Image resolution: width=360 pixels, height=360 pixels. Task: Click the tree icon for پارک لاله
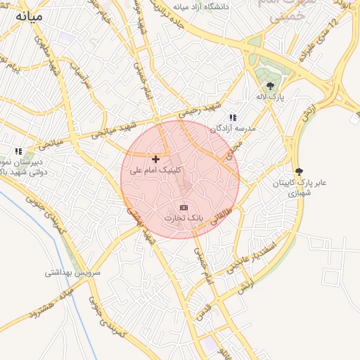coord(270,86)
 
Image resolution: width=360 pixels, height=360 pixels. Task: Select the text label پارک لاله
coord(270,98)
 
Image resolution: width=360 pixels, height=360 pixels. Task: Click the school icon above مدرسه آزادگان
coord(233,117)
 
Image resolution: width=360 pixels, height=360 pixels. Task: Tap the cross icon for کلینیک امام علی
coord(155,160)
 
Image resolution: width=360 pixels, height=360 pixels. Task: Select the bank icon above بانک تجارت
coord(184,207)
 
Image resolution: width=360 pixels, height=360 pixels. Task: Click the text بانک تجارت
coord(184,219)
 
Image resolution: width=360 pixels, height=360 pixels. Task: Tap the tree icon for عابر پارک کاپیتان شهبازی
coord(300,171)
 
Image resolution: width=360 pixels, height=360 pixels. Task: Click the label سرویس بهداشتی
coord(73,272)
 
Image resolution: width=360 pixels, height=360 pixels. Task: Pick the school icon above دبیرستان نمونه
coord(19,150)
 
